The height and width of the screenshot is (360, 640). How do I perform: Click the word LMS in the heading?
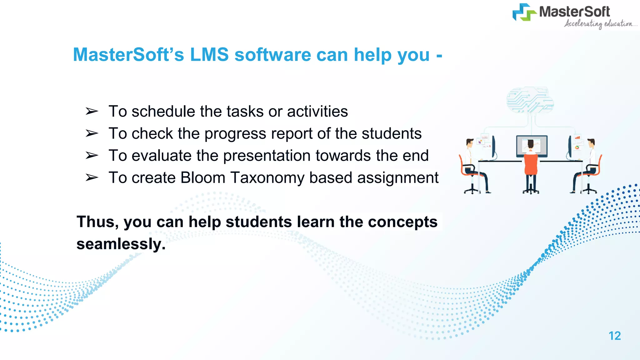209,55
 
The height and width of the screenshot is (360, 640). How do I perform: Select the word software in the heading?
272,55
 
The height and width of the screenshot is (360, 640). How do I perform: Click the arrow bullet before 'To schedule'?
92,111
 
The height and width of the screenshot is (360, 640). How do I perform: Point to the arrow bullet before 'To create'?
92,178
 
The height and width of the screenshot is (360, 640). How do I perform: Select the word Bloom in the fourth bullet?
203,178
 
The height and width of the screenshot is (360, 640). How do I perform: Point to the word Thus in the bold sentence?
97,222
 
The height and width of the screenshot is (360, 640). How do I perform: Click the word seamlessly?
121,244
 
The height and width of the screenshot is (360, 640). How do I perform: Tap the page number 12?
614,336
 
